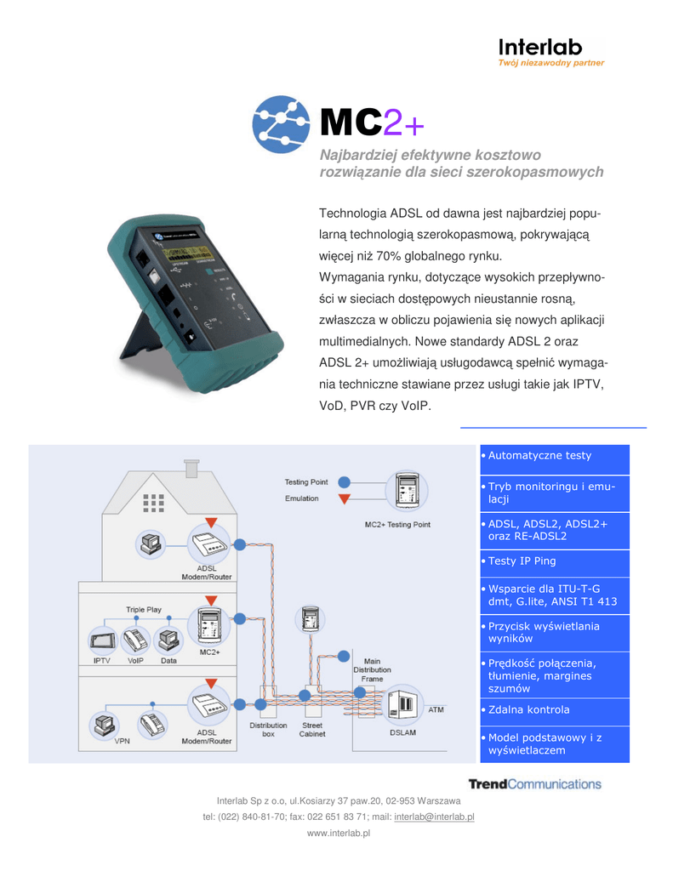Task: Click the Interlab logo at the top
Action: click(550, 52)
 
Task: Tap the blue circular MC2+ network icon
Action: click(282, 124)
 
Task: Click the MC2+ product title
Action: click(372, 124)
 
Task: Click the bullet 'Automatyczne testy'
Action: click(539, 456)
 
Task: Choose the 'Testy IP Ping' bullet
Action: click(522, 561)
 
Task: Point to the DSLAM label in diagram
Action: click(402, 732)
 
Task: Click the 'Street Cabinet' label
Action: click(312, 730)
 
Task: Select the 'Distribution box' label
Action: click(268, 730)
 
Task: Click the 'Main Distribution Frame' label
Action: click(372, 669)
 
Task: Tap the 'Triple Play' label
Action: click(143, 610)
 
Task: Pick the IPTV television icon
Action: click(103, 639)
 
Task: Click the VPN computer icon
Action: click(105, 725)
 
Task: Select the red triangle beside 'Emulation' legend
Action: click(344, 498)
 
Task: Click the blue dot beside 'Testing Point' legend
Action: click(344, 481)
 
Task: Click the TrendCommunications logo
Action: click(534, 783)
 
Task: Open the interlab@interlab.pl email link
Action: click(434, 817)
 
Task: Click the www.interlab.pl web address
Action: click(339, 834)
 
